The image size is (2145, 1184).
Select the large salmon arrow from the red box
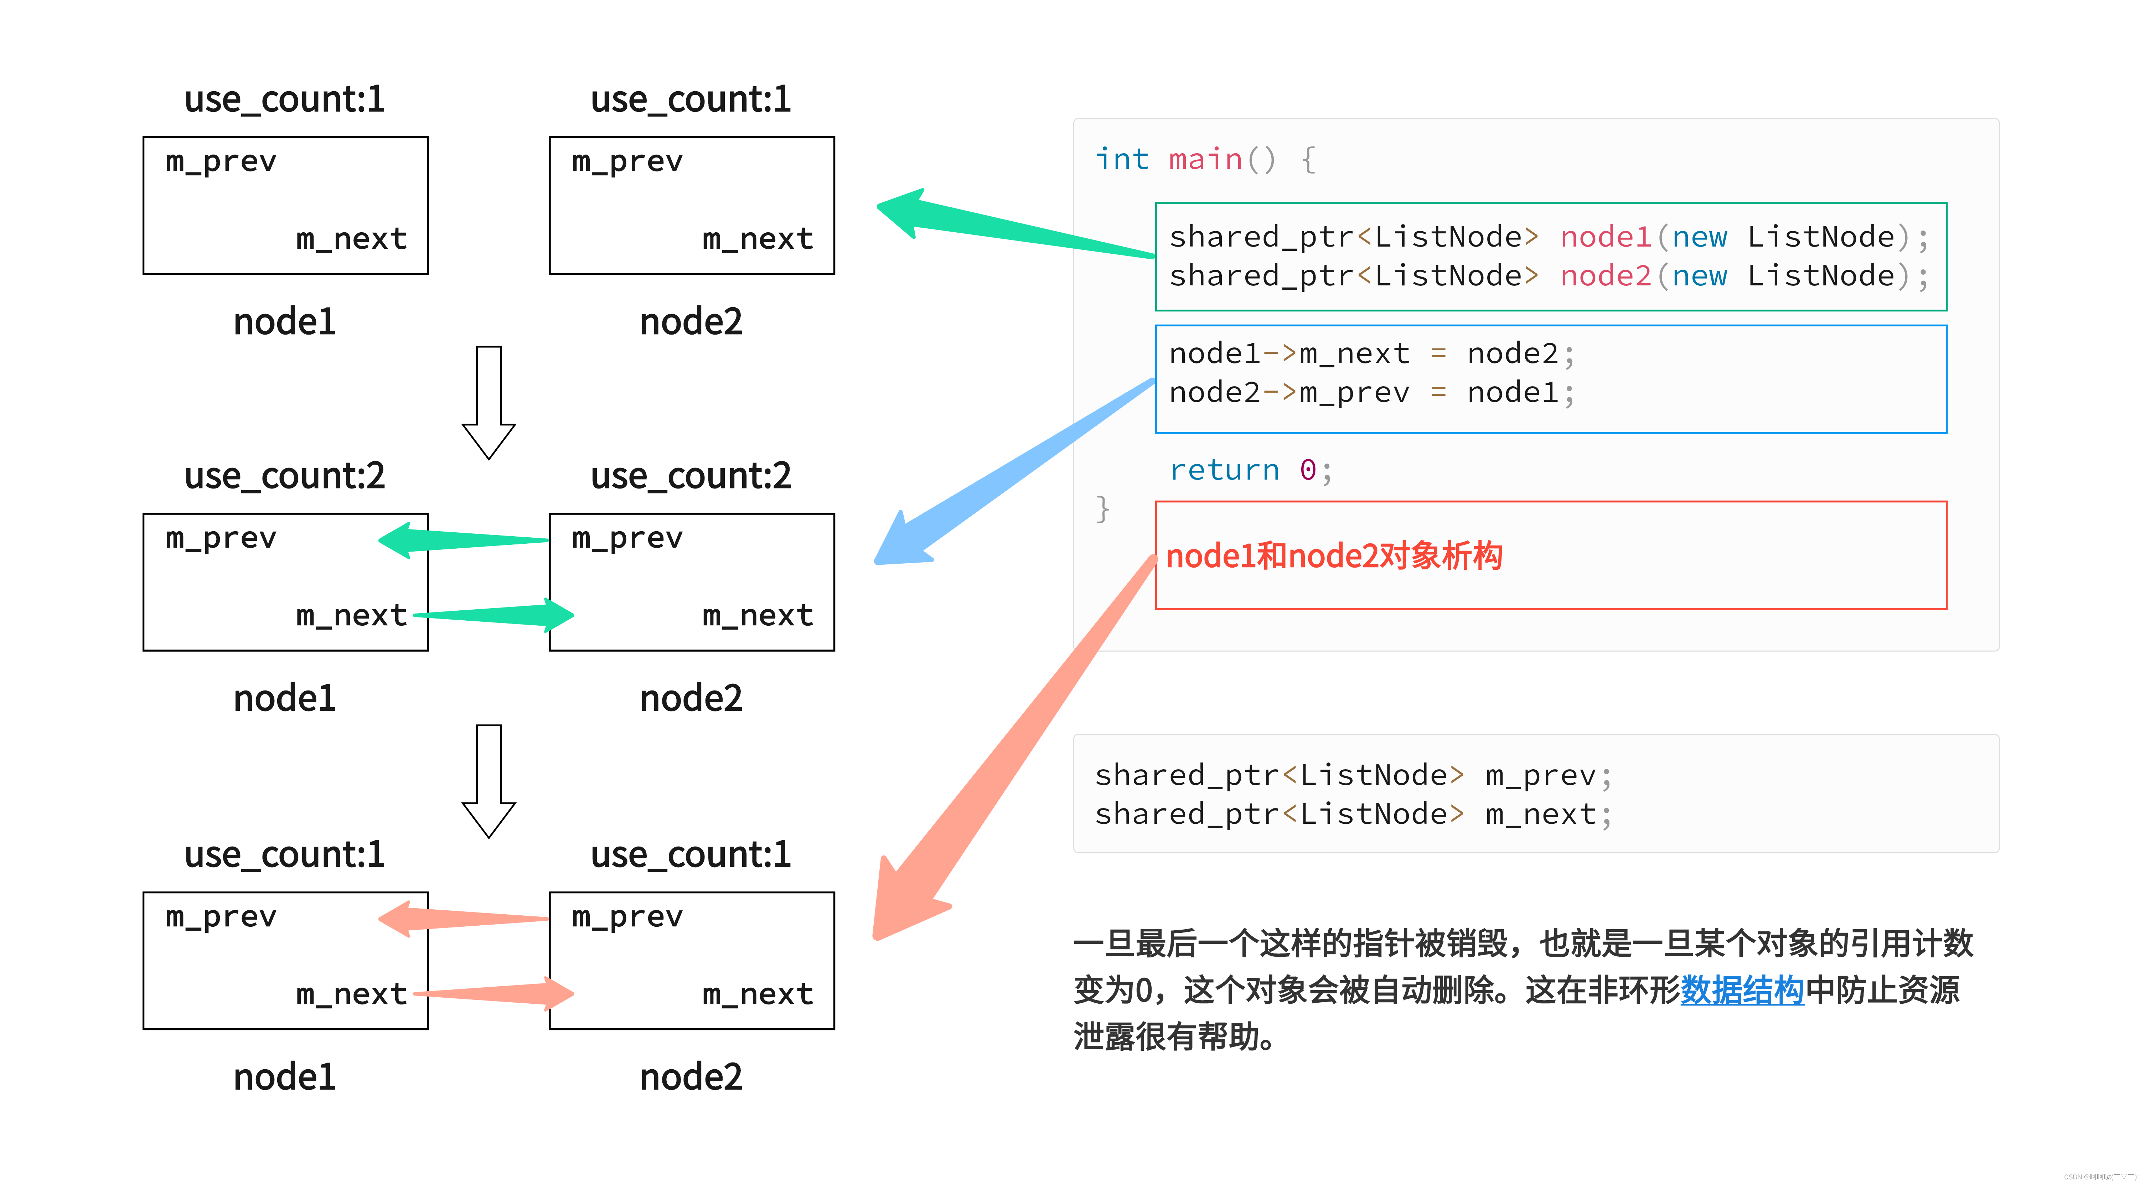pos(999,749)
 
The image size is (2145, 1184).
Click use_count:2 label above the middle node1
pos(285,475)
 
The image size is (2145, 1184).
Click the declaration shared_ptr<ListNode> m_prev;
pos(1353,775)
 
